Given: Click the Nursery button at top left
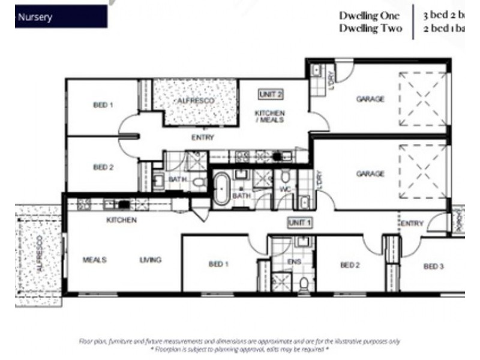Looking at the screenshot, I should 61,17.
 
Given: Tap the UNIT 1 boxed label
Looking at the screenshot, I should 300,223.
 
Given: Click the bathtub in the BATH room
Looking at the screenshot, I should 222,188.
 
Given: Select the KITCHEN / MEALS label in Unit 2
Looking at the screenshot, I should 270,116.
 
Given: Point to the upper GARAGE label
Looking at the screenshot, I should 370,99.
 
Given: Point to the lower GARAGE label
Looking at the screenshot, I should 370,174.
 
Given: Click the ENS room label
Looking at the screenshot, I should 293,262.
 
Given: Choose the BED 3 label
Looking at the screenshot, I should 433,266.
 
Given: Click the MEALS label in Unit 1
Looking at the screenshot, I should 95,260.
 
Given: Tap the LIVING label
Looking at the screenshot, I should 150,260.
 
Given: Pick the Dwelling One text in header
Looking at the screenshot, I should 369,16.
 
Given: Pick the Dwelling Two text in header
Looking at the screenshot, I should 370,28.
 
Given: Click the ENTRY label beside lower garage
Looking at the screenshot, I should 412,223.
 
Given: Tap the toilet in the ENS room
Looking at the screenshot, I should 304,283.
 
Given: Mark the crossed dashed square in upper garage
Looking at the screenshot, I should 423,99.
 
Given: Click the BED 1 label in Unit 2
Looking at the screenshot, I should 103,104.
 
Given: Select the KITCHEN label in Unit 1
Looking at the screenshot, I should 121,220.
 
